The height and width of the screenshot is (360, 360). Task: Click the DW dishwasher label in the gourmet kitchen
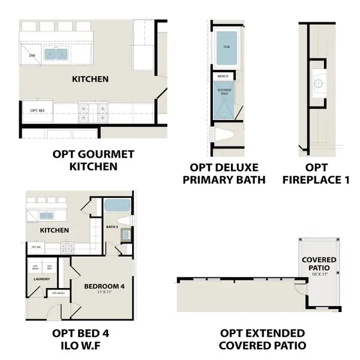32,56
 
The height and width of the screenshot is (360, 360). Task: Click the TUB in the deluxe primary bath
226,47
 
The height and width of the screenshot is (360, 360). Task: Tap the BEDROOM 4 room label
104,287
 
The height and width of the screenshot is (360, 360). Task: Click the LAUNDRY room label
41,278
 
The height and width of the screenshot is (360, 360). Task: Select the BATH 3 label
112,227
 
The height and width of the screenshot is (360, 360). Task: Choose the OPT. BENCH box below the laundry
59,293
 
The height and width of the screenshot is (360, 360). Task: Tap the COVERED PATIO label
319,263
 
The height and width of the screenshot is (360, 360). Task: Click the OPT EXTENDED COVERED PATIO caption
262,339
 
